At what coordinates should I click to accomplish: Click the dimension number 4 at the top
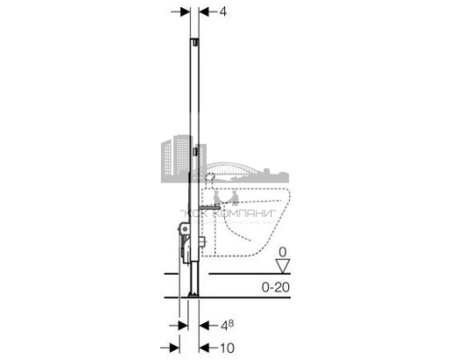click(223, 12)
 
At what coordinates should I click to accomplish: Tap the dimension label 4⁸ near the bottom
click(227, 325)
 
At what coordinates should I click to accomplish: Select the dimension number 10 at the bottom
click(228, 348)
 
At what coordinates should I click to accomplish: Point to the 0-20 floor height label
click(275, 287)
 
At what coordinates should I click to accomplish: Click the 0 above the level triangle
click(283, 252)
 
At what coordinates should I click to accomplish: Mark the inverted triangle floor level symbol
click(283, 266)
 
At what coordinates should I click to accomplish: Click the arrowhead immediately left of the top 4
click(204, 12)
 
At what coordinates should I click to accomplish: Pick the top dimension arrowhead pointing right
click(184, 12)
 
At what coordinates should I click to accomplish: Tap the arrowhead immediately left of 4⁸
click(204, 325)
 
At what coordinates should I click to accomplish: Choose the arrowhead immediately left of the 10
click(204, 348)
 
